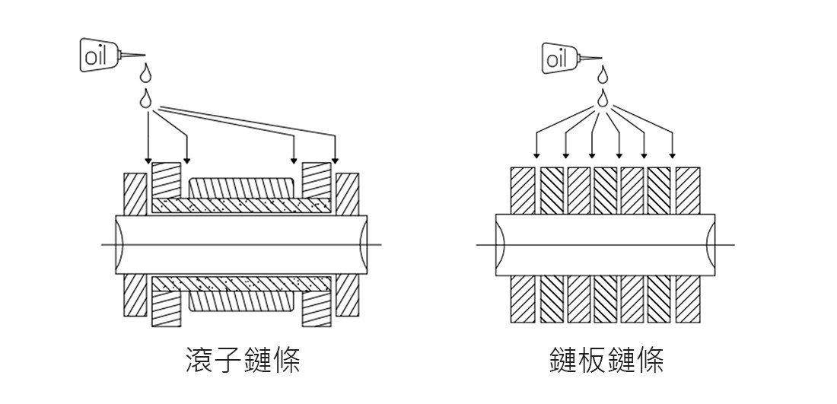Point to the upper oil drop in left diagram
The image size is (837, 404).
pyautogui.click(x=145, y=72)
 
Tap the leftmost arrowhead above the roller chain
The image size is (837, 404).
pyautogui.click(x=148, y=161)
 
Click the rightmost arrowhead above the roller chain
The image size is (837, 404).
pyautogui.click(x=335, y=160)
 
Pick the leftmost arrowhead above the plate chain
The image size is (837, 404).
pyautogui.click(x=536, y=155)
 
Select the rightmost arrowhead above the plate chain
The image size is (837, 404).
pyautogui.click(x=672, y=155)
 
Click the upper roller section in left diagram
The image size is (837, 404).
pyautogui.click(x=241, y=188)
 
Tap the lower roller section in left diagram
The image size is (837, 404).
pyautogui.click(x=241, y=301)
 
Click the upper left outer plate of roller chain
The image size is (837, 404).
pyautogui.click(x=135, y=194)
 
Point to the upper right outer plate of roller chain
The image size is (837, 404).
pyautogui.click(x=347, y=194)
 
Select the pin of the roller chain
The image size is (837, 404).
pyautogui.click(x=241, y=245)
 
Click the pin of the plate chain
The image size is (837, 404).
pyautogui.click(x=606, y=245)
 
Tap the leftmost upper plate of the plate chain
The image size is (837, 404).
pyautogui.click(x=523, y=190)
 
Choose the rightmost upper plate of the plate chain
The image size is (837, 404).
pyautogui.click(x=688, y=190)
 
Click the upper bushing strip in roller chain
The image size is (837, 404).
pyautogui.click(x=241, y=205)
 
